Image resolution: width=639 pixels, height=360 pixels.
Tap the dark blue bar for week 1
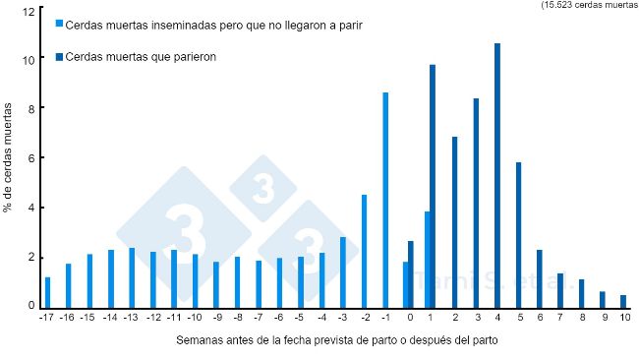433,186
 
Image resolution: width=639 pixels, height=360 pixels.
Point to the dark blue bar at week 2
454,221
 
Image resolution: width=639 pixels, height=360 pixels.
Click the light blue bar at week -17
47,292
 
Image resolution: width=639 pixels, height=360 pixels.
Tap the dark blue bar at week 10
623,301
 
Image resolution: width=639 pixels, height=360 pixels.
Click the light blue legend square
60,23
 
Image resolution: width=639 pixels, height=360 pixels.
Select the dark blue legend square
60,57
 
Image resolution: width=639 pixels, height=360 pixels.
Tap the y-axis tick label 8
30,108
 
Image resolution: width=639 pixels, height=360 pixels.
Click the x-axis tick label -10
196,318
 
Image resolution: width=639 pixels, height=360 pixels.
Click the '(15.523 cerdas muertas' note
588,5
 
